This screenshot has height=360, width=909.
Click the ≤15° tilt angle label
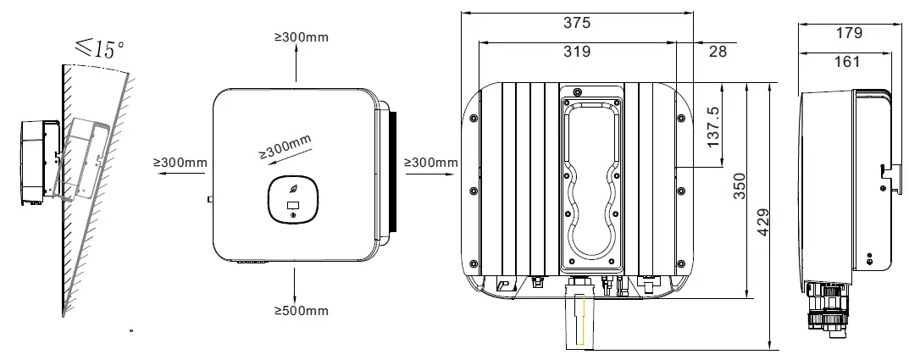100,49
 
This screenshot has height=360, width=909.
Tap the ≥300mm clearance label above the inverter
301,37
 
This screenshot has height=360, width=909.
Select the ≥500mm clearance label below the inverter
301,311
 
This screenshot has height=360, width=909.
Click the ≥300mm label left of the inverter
180,162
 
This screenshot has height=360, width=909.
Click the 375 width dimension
577,24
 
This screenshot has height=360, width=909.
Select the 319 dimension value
577,52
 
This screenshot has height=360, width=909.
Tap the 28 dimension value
717,52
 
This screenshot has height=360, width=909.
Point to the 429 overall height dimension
764,222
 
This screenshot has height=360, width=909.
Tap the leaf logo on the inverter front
293,191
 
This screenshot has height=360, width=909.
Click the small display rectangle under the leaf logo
293,205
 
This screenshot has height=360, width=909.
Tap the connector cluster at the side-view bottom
824,304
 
